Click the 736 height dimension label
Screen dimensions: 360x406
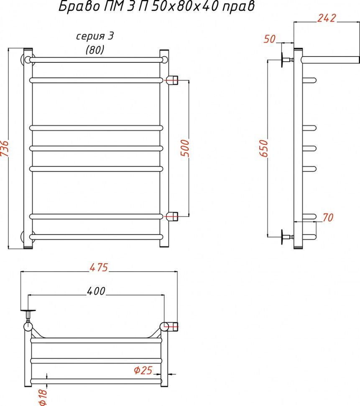pyautogui.click(x=5, y=148)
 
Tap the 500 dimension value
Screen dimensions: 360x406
pyautogui.click(x=185, y=148)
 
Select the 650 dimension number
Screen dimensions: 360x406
pyautogui.click(x=263, y=148)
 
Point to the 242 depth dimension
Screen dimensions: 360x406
pyautogui.click(x=327, y=18)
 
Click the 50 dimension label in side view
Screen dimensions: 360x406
pyautogui.click(x=270, y=39)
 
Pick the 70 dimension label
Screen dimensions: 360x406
pyautogui.click(x=328, y=218)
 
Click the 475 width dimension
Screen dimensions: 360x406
pyautogui.click(x=99, y=267)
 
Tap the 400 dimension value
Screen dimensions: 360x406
pyautogui.click(x=96, y=291)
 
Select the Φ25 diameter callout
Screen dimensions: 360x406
pyautogui.click(x=143, y=370)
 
